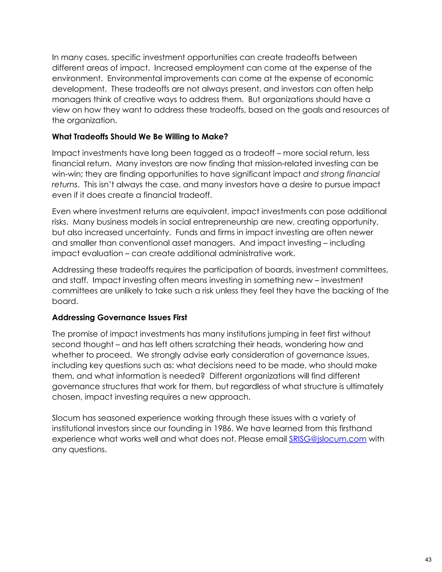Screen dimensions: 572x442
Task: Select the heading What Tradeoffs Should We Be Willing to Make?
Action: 140,137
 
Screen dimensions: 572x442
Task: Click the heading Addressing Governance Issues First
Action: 119,318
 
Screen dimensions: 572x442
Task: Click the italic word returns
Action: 64,185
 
